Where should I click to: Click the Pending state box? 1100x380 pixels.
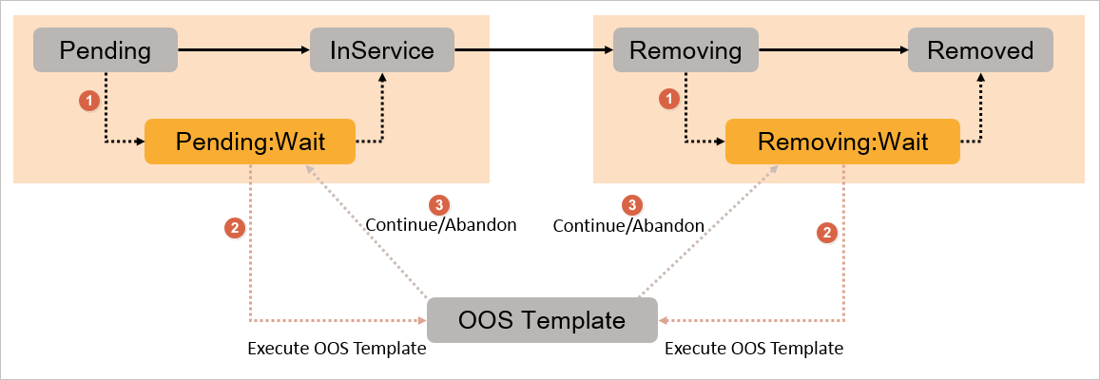pyautogui.click(x=106, y=50)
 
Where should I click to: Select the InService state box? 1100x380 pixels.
pyautogui.click(x=381, y=50)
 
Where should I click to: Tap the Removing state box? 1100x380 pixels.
pyautogui.click(x=685, y=50)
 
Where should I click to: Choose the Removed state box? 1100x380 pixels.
pyautogui.click(x=980, y=50)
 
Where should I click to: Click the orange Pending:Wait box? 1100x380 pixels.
pyautogui.click(x=250, y=142)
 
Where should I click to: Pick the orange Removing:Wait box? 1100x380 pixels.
pyautogui.click(x=841, y=142)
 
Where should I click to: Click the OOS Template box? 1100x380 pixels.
pyautogui.click(x=542, y=320)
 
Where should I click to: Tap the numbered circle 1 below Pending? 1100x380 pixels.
pyautogui.click(x=88, y=99)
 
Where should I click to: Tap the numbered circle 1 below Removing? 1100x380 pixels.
pyautogui.click(x=670, y=98)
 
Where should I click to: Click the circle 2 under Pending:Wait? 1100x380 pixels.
pyautogui.click(x=233, y=228)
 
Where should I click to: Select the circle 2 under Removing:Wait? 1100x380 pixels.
pyautogui.click(x=828, y=232)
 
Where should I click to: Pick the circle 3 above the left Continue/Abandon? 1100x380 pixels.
pyautogui.click(x=438, y=204)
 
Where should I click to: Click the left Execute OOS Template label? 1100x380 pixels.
pyautogui.click(x=337, y=349)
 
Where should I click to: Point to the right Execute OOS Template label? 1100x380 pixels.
pyautogui.click(x=753, y=349)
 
